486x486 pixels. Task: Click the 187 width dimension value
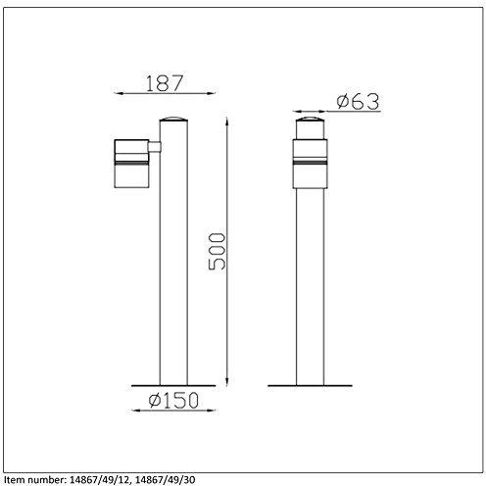[165, 83]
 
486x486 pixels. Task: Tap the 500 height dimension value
[217, 251]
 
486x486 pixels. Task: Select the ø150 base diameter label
[173, 400]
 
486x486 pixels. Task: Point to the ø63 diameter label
[358, 101]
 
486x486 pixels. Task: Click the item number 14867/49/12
[100, 479]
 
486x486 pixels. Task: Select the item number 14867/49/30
[166, 479]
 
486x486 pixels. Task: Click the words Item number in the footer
[34, 479]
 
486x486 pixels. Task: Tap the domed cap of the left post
[173, 119]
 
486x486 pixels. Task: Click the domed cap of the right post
[310, 119]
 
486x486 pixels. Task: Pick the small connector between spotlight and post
[155, 147]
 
